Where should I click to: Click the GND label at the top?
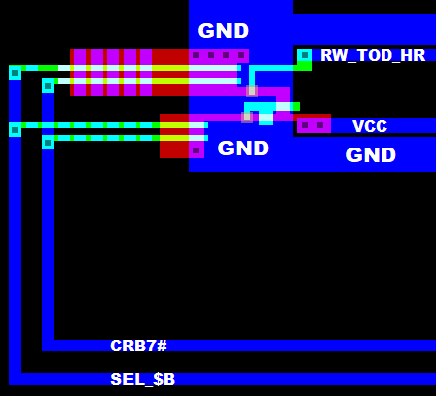pyautogui.click(x=223, y=31)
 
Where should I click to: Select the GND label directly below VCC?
pyautogui.click(x=371, y=155)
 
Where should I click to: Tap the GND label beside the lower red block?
pyautogui.click(x=243, y=148)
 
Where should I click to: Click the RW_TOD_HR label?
pyautogui.click(x=373, y=56)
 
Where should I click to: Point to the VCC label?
pyautogui.click(x=370, y=126)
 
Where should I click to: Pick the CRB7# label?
pyautogui.click(x=139, y=346)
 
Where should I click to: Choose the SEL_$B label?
pyautogui.click(x=143, y=379)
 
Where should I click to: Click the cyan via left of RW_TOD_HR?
pyautogui.click(x=304, y=55)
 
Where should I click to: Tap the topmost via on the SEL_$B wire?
pyautogui.click(x=15, y=72)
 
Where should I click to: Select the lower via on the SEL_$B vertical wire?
pyautogui.click(x=15, y=129)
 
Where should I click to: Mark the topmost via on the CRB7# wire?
pyautogui.click(x=48, y=86)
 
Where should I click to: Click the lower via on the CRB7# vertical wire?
pyautogui.click(x=48, y=143)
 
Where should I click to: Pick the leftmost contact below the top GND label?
pyautogui.click(x=196, y=55)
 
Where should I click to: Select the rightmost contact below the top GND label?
pyautogui.click(x=241, y=55)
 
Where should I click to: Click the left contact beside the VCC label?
pyautogui.click(x=305, y=125)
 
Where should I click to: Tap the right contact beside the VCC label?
pyautogui.click(x=320, y=125)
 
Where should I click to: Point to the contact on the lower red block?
pyautogui.click(x=196, y=150)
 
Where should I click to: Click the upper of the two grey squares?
pyautogui.click(x=252, y=91)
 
